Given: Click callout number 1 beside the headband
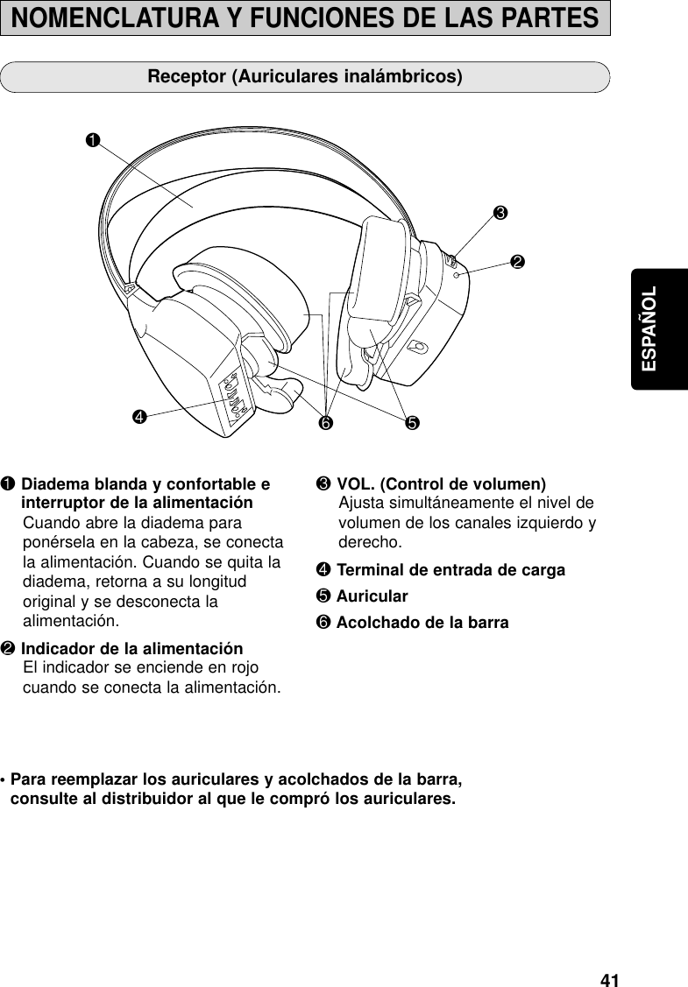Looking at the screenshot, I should click(92, 139).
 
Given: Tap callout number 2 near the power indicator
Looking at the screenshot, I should click(518, 262).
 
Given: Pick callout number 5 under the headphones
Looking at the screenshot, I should click(409, 425).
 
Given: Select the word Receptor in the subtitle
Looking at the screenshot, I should click(186, 76).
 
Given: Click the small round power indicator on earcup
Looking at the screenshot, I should click(457, 275).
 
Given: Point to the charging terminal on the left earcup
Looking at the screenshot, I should click(235, 396).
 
